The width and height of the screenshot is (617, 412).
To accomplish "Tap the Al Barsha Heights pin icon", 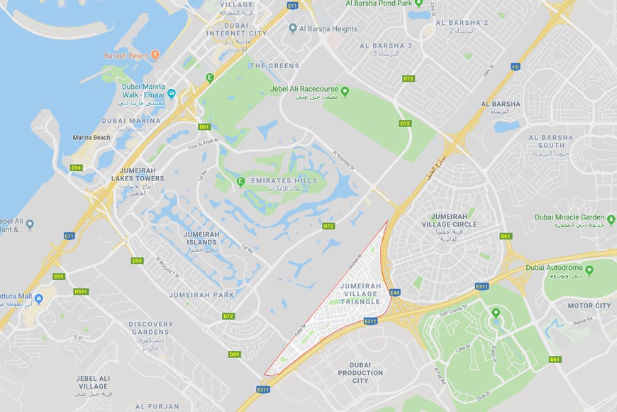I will click(x=293, y=28).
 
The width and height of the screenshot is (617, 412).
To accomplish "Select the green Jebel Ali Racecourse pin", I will click(x=345, y=91).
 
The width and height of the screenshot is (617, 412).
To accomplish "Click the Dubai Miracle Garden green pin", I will click(x=611, y=218).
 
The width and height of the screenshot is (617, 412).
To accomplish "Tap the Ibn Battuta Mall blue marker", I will click(x=39, y=298).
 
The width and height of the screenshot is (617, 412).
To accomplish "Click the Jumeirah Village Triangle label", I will click(x=360, y=293).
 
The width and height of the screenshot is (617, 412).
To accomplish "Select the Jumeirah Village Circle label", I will click(x=455, y=219).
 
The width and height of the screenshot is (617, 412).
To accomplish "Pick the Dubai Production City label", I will click(x=360, y=373).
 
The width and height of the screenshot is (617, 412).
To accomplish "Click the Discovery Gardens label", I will click(x=151, y=328).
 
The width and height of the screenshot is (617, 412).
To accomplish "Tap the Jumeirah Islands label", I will click(x=200, y=237).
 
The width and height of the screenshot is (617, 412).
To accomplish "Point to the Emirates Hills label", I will click(x=284, y=181).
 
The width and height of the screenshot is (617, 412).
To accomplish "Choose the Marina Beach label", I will click(x=91, y=137).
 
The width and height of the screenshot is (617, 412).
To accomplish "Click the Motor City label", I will click(x=589, y=306).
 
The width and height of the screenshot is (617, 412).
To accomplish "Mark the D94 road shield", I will click(x=76, y=168).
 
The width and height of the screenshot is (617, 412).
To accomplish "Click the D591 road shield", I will click(x=82, y=291).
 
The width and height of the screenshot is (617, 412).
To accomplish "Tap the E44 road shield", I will click(x=395, y=292).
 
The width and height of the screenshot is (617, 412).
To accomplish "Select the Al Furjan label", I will click(x=157, y=406).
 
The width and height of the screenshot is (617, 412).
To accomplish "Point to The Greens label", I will click(x=274, y=66).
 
